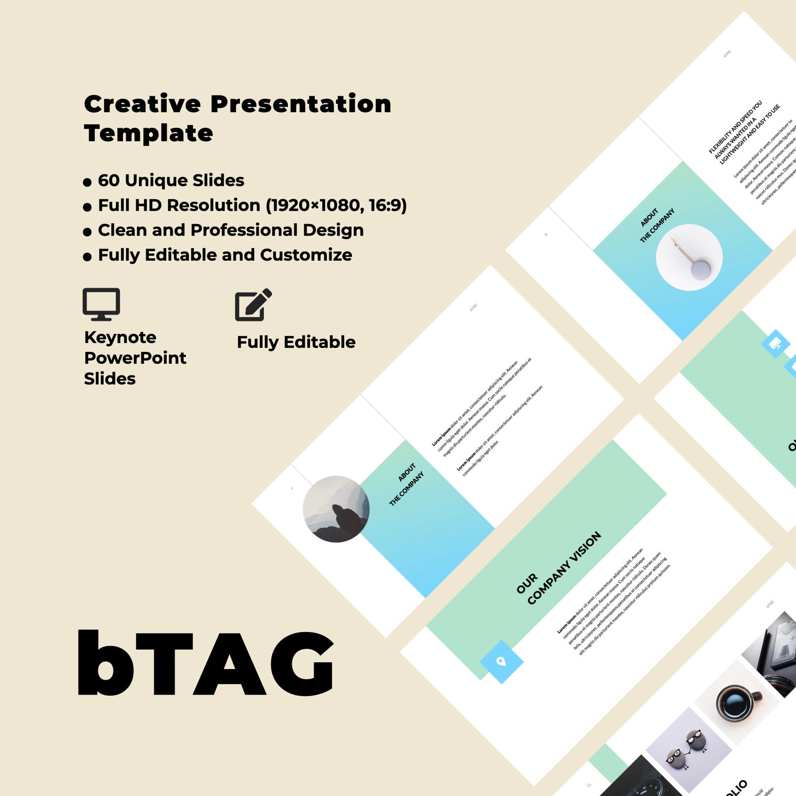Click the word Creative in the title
[142, 104]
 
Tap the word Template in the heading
[148, 133]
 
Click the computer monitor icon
[101, 303]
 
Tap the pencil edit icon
[253, 304]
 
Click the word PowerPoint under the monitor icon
[135, 358]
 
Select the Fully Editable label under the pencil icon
[296, 342]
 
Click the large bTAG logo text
[206, 663]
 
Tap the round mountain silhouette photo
[336, 509]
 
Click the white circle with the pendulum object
[689, 257]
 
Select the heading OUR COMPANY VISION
[559, 568]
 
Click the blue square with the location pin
[501, 662]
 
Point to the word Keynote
[120, 337]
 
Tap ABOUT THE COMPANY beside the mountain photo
[407, 484]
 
